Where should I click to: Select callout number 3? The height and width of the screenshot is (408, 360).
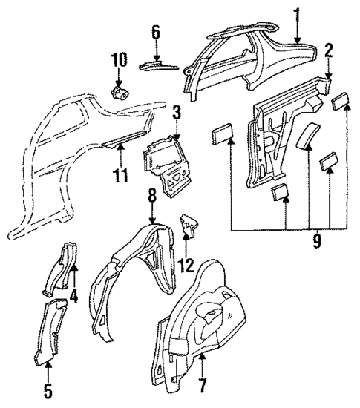click(176, 113)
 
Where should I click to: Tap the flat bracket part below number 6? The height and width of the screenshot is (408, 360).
click(158, 65)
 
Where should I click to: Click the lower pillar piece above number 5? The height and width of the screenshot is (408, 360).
click(51, 330)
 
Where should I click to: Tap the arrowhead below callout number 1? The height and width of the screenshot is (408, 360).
click(297, 39)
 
